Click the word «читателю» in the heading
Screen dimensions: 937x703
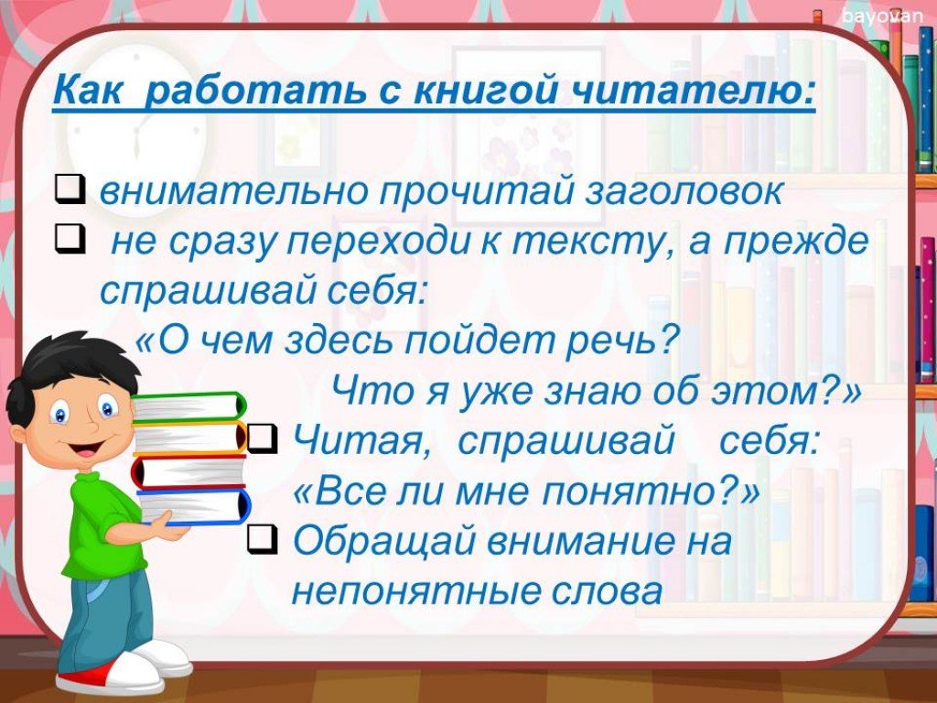tap(694, 91)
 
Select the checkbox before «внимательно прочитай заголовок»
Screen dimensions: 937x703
tap(70, 189)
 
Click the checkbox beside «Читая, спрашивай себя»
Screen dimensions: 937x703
tap(262, 438)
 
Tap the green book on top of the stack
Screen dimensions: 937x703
tap(188, 407)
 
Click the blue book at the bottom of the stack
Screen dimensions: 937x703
tap(195, 507)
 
